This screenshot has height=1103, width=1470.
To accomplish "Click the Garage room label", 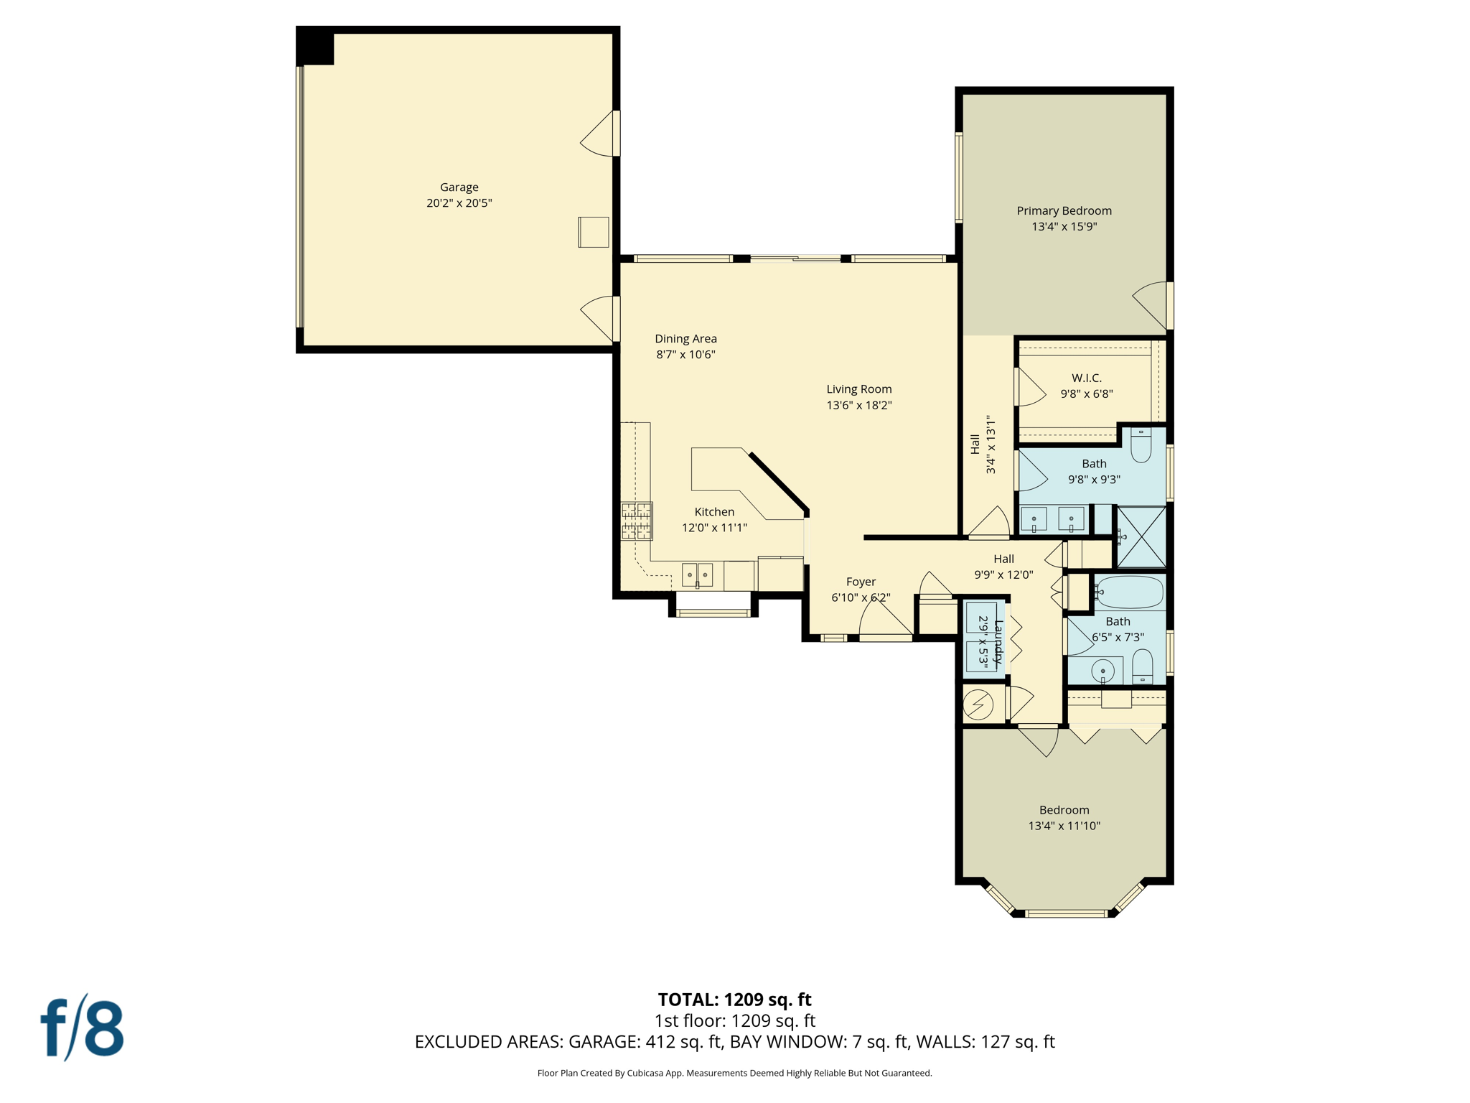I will (x=459, y=187).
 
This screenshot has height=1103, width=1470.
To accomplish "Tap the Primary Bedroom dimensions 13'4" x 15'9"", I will (x=1064, y=227).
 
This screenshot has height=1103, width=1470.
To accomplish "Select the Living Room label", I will (x=858, y=389).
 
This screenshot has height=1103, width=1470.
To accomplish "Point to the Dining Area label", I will (x=685, y=339).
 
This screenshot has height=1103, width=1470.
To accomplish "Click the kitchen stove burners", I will (x=637, y=521).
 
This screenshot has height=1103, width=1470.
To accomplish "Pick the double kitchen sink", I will (x=697, y=574).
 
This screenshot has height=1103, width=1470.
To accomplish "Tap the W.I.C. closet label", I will (x=1086, y=378).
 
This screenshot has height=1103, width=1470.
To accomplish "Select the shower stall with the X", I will (x=1141, y=536).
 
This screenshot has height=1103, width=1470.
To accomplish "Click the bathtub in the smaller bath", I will (x=1129, y=592).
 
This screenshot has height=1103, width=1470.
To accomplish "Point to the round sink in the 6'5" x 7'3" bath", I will (x=1102, y=671).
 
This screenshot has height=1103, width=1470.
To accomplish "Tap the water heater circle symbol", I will (x=978, y=704).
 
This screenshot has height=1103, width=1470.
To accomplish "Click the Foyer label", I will (x=861, y=582).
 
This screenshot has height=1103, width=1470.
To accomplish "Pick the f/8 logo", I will (x=82, y=1028).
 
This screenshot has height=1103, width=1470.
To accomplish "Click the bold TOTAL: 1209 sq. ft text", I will (x=734, y=1000).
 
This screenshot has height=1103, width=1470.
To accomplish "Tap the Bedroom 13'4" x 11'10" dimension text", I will (x=1064, y=826).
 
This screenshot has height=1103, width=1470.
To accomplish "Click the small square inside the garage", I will (x=594, y=232).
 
